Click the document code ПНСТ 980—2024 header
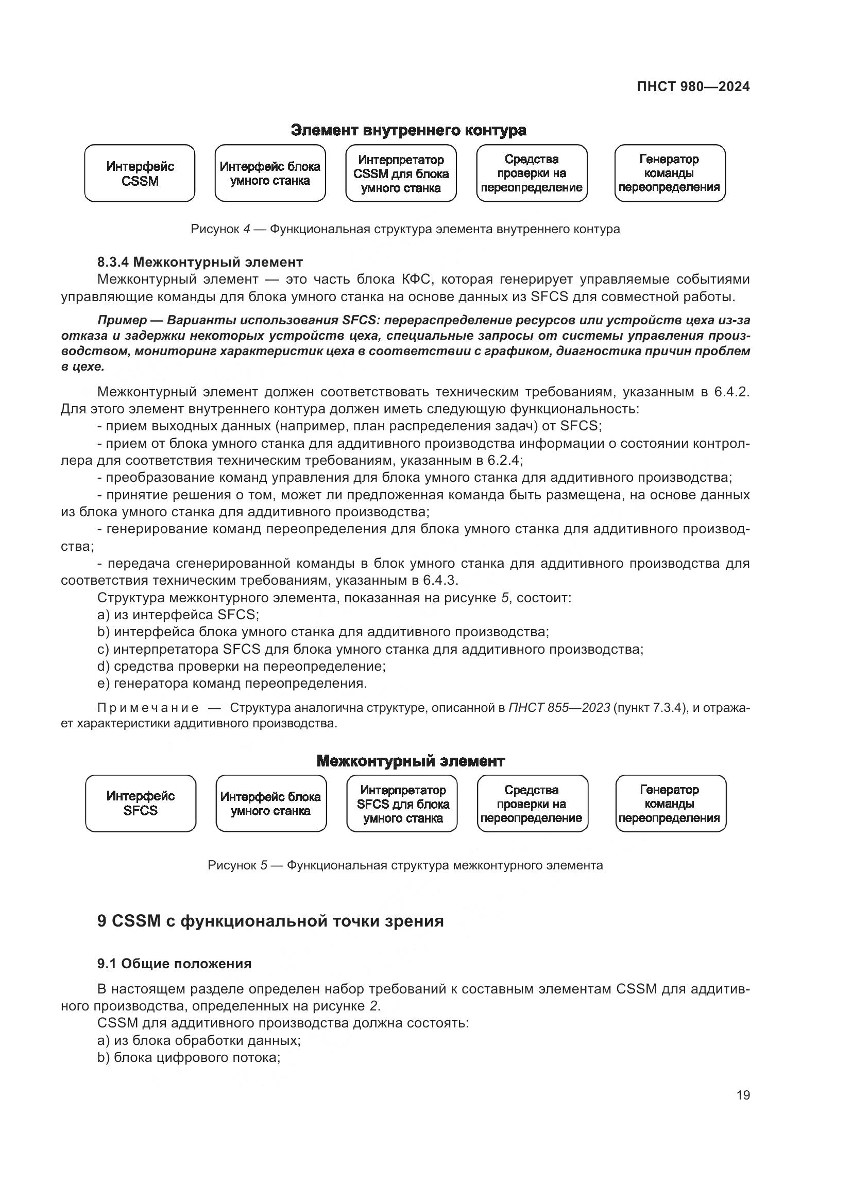pyautogui.click(x=693, y=87)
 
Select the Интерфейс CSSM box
pyautogui.click(x=140, y=173)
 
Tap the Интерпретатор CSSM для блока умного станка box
pyautogui.click(x=401, y=173)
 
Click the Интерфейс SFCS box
pyautogui.click(x=141, y=804)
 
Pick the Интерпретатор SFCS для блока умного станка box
pyautogui.click(x=402, y=804)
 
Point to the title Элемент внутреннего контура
pyautogui.click(x=408, y=131)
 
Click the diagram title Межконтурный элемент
pyautogui.click(x=410, y=761)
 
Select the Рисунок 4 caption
pyautogui.click(x=405, y=229)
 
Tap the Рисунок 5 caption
pyautogui.click(x=405, y=865)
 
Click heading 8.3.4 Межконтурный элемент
pyautogui.click(x=200, y=261)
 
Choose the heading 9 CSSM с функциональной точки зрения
pyautogui.click(x=270, y=921)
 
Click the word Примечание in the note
pyautogui.click(x=148, y=708)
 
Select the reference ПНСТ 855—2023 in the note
pyautogui.click(x=559, y=708)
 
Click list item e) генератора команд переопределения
pyautogui.click(x=232, y=684)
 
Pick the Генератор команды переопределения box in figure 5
pyautogui.click(x=671, y=804)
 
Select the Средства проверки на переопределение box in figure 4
pyautogui.click(x=532, y=173)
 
